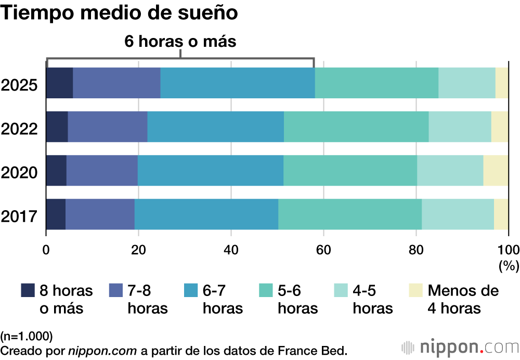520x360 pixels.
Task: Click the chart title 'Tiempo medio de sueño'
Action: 120,14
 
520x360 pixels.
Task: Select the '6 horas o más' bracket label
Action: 180,42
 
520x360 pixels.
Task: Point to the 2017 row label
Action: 19,214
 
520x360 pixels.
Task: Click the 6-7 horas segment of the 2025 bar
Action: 237,83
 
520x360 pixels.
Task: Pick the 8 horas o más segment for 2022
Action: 57,127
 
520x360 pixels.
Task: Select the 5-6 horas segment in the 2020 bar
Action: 350,171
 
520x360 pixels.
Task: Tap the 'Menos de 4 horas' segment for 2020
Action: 496,171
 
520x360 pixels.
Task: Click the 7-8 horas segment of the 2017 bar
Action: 100,214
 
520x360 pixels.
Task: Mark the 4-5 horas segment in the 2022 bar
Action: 460,127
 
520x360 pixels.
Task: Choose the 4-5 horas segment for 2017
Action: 458,214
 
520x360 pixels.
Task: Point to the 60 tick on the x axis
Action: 323,248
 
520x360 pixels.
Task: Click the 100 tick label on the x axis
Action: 509,248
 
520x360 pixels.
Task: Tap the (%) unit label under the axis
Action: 509,266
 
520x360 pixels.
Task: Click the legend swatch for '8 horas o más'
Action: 28,291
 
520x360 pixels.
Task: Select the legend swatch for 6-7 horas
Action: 191,291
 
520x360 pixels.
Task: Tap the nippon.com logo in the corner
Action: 460,346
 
